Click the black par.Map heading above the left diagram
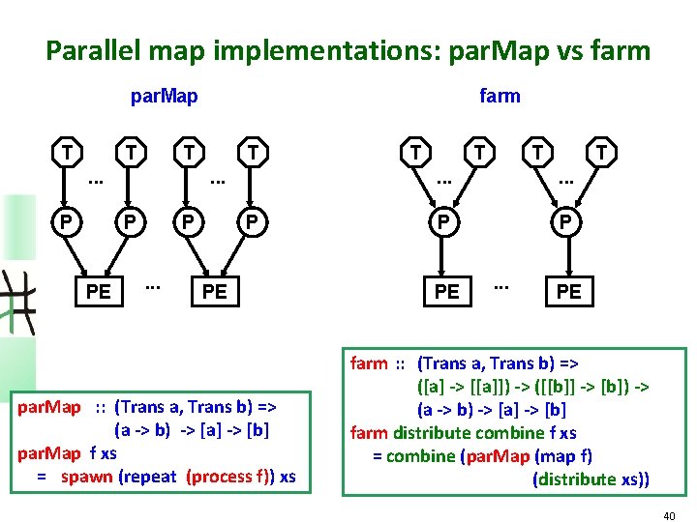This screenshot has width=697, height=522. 165,96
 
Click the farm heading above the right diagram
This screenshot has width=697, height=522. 500,96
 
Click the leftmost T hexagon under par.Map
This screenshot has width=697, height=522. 66,152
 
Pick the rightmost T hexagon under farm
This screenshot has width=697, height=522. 600,152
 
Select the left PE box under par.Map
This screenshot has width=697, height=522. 98,291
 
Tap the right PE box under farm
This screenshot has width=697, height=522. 569,291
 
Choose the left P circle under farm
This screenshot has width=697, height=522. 444,221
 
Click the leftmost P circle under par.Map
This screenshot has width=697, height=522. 65,221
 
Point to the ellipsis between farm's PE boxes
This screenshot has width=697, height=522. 500,286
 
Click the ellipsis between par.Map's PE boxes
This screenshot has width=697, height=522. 152,286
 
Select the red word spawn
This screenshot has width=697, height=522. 86,476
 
